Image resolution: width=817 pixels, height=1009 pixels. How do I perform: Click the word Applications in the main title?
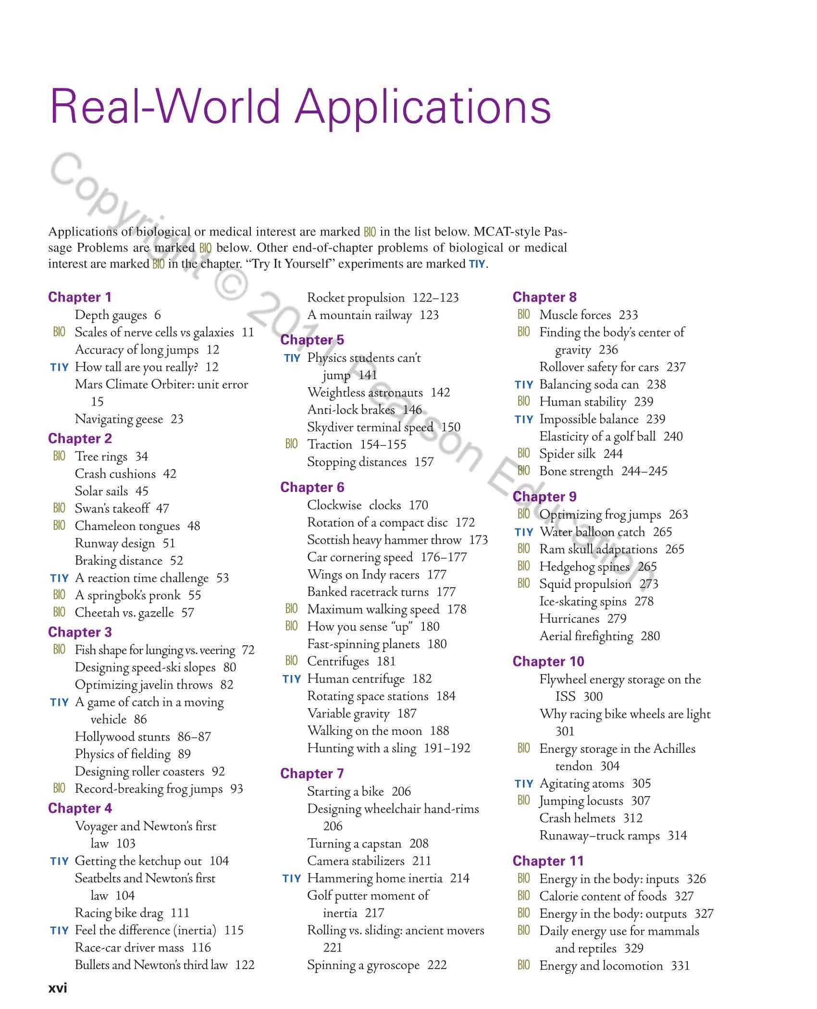coord(423,107)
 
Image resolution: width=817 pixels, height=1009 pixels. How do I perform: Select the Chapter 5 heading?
coord(312,340)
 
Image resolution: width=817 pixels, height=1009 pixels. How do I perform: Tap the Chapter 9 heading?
coord(545,496)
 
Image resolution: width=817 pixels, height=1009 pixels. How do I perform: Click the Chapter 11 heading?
coord(548,861)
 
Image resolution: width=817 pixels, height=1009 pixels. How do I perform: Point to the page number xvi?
coord(58,988)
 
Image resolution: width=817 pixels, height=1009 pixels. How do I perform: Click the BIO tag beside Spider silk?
coord(524,454)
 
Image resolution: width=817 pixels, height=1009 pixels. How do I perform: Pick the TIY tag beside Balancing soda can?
coord(524,385)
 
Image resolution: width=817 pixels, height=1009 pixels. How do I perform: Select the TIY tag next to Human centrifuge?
coord(292,679)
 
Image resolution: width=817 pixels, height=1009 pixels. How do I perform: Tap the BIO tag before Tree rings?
coord(59,456)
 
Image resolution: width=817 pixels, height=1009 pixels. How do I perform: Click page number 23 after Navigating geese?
coord(177,419)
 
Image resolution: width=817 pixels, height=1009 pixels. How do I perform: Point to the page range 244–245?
coord(644,471)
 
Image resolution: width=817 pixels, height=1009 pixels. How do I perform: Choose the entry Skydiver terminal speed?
coord(370,427)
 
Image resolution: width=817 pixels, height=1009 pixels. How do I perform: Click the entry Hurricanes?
coord(569,618)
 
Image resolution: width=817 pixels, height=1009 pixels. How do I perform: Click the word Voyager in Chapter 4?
coord(96,826)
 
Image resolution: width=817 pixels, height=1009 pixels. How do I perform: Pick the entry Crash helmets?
coord(577,818)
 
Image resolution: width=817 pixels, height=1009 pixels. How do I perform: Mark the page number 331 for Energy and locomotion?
coord(680,965)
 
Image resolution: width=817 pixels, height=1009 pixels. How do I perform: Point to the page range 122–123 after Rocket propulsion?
coord(435,298)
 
